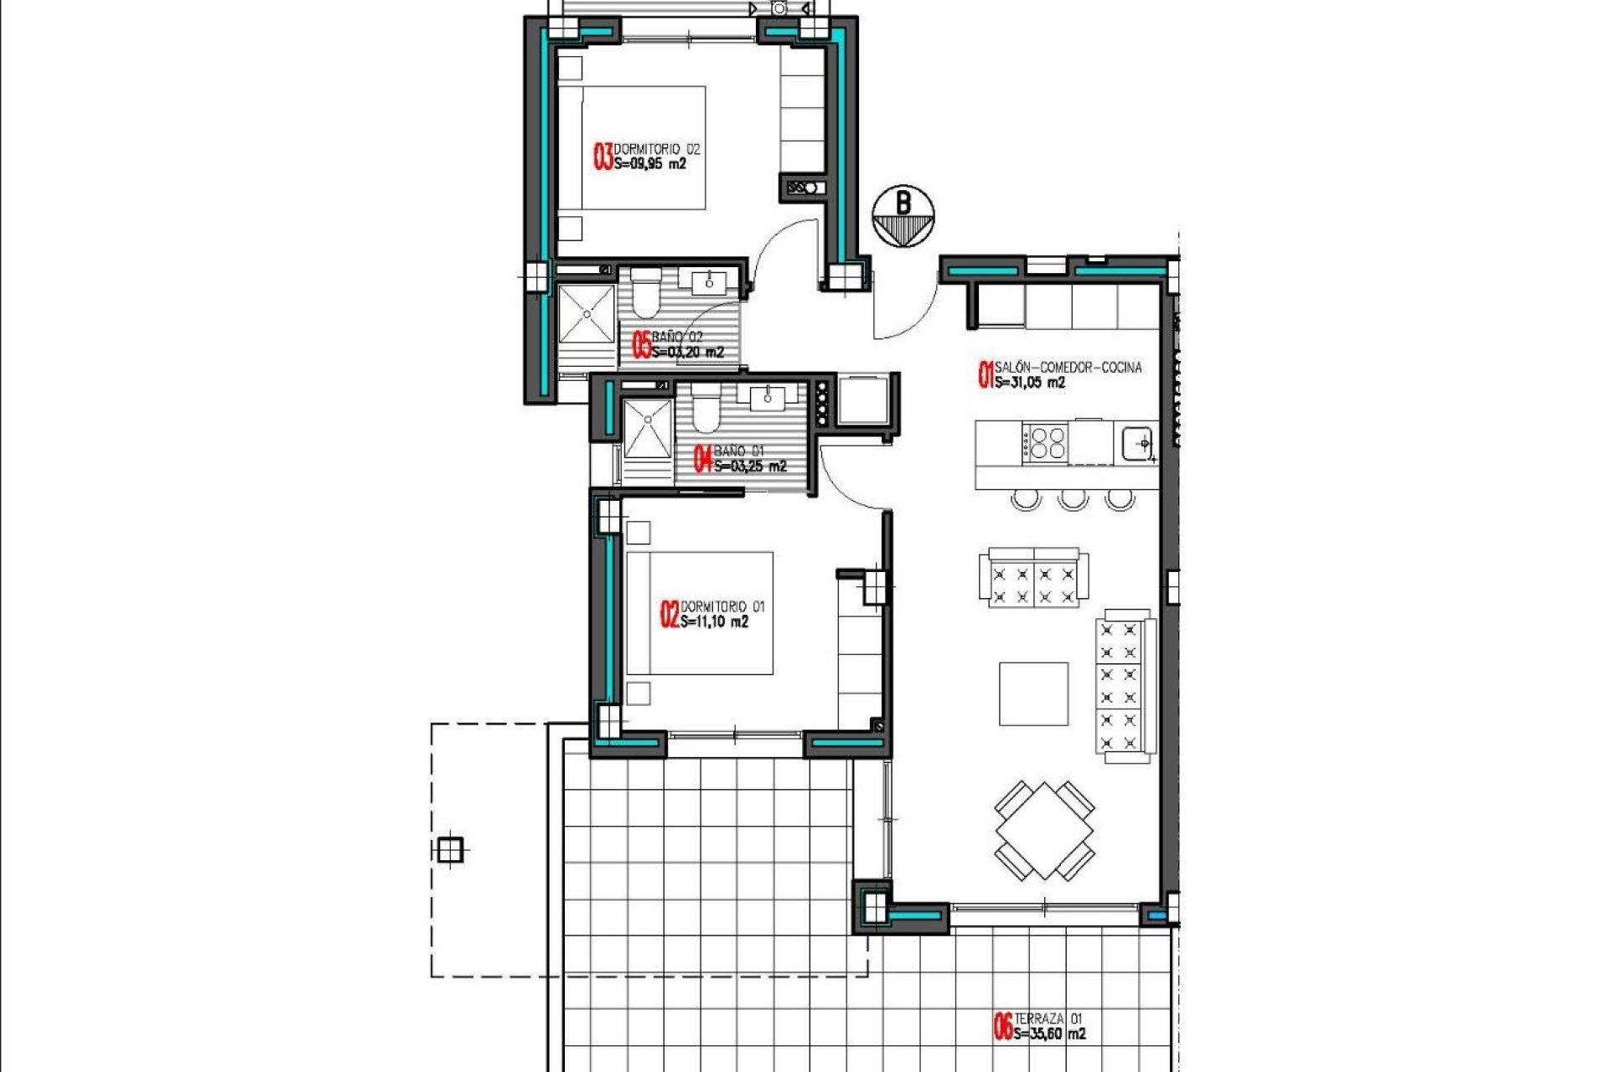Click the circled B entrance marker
pyautogui.click(x=903, y=216)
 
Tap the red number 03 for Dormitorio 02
pyautogui.click(x=603, y=157)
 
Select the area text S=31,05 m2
pyautogui.click(x=1030, y=383)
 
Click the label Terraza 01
pyautogui.click(x=1048, y=1018)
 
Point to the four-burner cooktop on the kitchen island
pyautogui.click(x=1047, y=442)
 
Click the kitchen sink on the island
pyautogui.click(x=1137, y=442)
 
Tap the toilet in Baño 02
pyautogui.click(x=645, y=295)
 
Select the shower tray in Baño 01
pyautogui.click(x=647, y=429)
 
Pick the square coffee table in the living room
pyautogui.click(x=1033, y=693)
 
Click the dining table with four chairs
pyautogui.click(x=1045, y=831)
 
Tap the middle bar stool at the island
pyautogui.click(x=1073, y=500)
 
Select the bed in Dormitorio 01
pyautogui.click(x=701, y=613)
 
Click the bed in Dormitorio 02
pyautogui.click(x=644, y=148)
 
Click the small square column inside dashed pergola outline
pyautogui.click(x=450, y=850)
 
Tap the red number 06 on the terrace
pyautogui.click(x=1002, y=1027)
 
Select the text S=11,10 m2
pyautogui.click(x=714, y=622)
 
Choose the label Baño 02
pyautogui.click(x=677, y=337)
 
